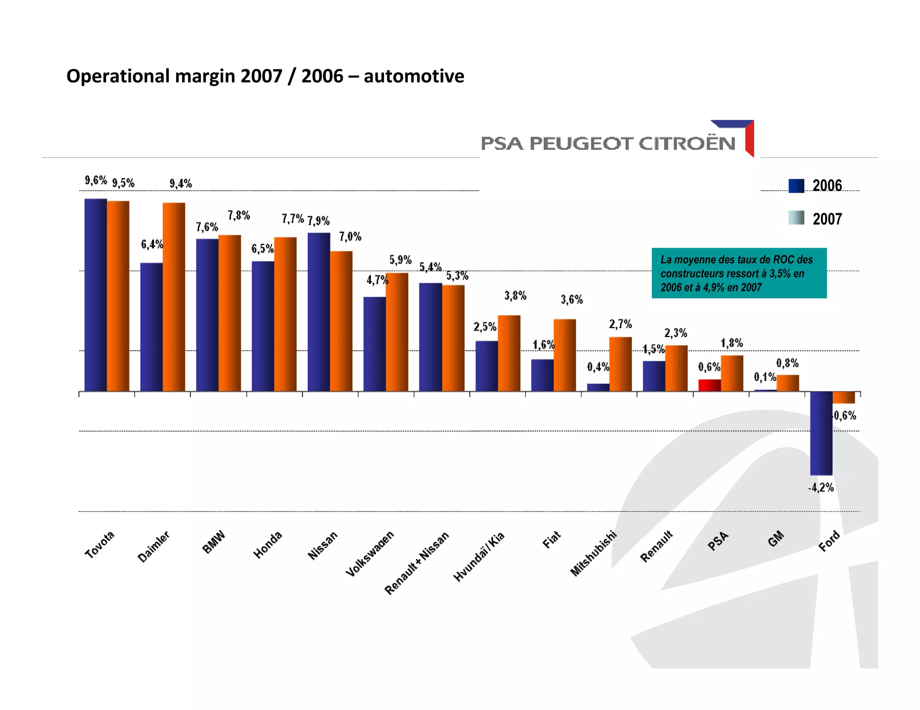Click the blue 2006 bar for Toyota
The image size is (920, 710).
(96, 295)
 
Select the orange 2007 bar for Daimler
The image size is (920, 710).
(174, 297)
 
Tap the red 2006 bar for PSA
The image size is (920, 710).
(709, 385)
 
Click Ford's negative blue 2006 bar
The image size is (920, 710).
(821, 433)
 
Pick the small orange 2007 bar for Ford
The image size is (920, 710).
(844, 397)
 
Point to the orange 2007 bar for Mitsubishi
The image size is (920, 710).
(620, 364)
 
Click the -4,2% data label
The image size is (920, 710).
(821, 487)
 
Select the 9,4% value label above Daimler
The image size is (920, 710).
(181, 183)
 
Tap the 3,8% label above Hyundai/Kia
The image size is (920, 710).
(515, 295)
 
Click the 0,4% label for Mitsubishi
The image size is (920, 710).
(598, 367)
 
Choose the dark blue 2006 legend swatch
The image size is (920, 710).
(796, 186)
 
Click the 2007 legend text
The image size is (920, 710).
(827, 219)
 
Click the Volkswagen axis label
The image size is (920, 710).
(370, 553)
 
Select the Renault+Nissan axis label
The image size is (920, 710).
(416, 563)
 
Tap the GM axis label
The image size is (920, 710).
(776, 539)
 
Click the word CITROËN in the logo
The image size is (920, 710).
(687, 144)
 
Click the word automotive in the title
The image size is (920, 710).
(414, 76)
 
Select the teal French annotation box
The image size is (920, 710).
(739, 273)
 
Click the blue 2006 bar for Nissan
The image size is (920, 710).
(319, 312)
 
